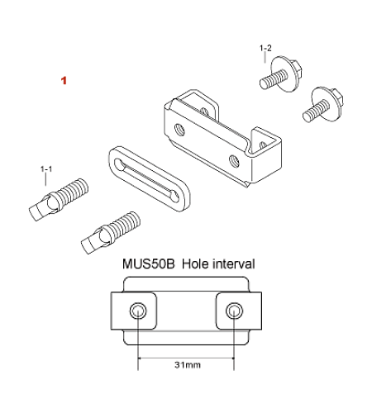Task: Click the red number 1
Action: (64, 81)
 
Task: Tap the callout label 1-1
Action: (46, 169)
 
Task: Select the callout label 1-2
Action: (265, 48)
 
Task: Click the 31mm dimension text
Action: (188, 365)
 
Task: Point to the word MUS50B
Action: (149, 263)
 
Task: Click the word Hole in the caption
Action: (196, 263)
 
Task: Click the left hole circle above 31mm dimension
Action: (138, 311)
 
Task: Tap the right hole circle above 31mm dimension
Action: (234, 311)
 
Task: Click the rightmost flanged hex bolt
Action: (323, 105)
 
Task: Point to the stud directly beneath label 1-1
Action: (59, 199)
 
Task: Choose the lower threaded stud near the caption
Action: (111, 233)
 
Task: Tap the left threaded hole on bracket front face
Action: (179, 130)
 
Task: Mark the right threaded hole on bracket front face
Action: (234, 160)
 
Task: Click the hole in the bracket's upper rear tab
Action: (204, 112)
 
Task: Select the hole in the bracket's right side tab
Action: (264, 145)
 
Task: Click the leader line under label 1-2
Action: (265, 57)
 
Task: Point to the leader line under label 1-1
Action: (45, 179)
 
